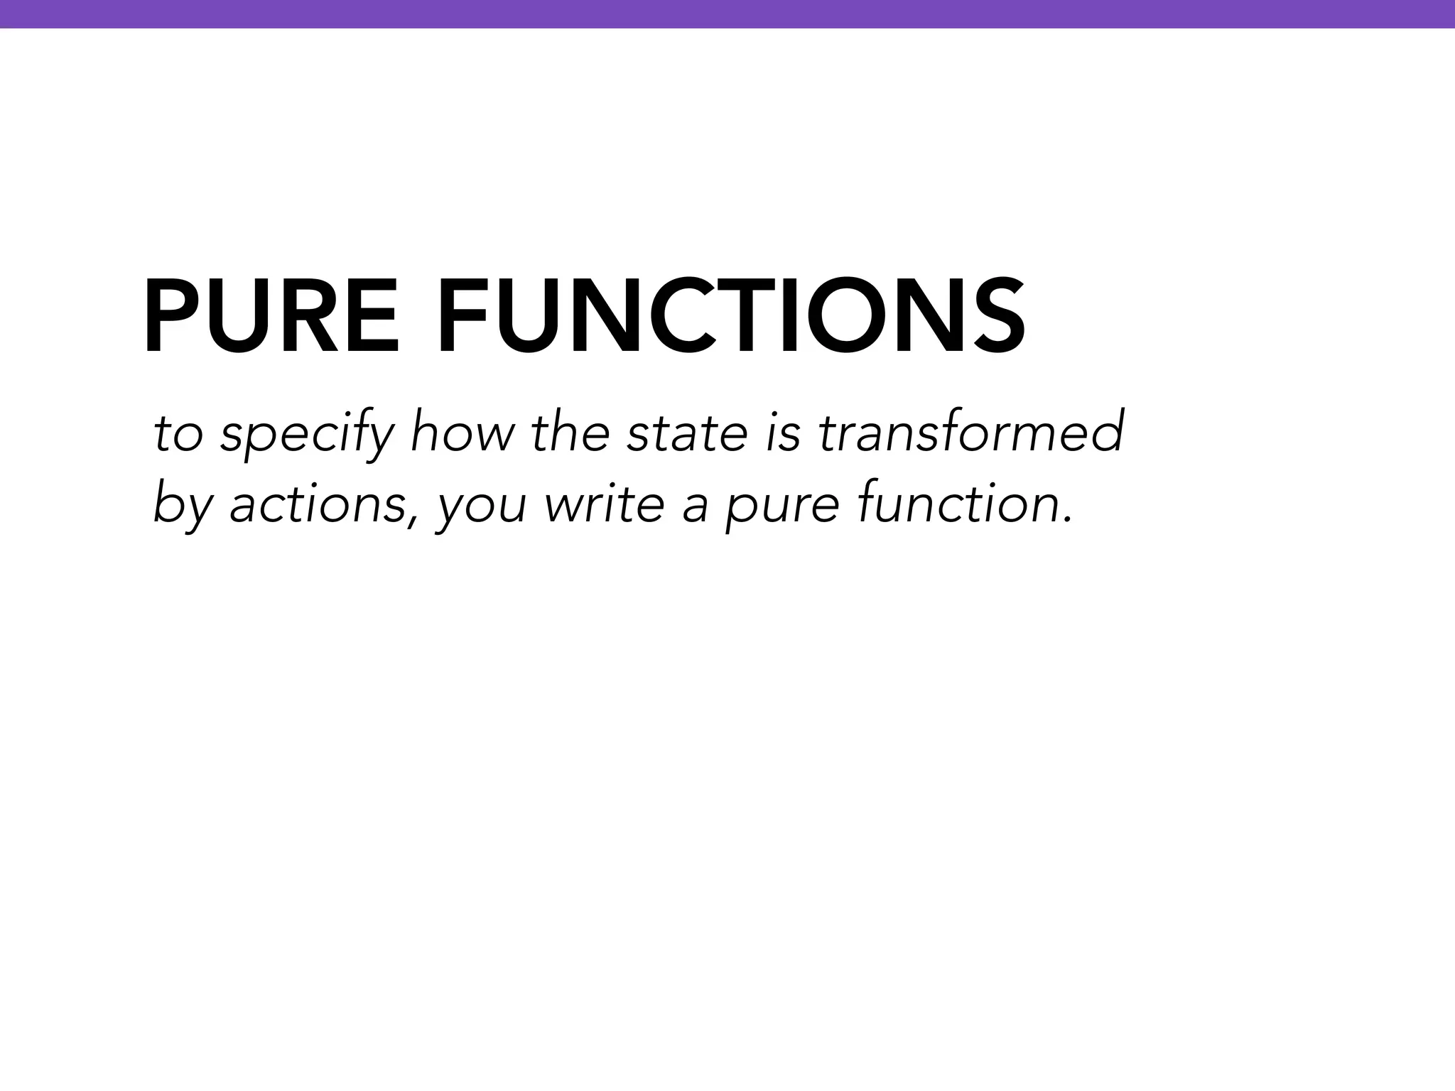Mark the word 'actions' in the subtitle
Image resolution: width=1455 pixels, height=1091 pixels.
(x=316, y=504)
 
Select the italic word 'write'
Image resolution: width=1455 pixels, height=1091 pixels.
(x=603, y=504)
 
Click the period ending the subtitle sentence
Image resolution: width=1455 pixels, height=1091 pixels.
(x=1066, y=519)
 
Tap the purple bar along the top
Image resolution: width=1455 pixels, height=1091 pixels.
(x=727, y=13)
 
